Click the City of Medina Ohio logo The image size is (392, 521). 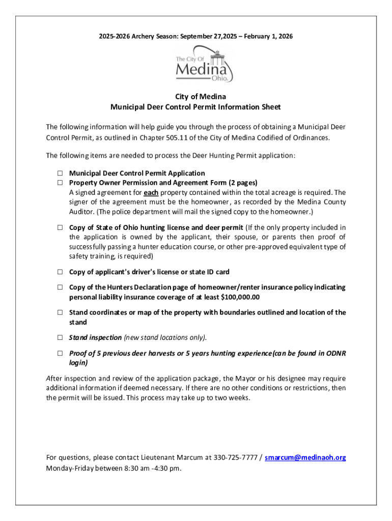(204, 66)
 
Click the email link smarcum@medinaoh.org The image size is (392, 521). (305, 457)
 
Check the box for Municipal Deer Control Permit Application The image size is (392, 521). (60, 173)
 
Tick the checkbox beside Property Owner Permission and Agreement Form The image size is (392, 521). (60, 183)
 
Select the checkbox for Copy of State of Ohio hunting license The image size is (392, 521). (60, 227)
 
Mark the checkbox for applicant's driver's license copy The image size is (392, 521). (60, 272)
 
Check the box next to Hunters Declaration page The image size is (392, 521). (60, 287)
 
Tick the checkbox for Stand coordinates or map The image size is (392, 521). (60, 312)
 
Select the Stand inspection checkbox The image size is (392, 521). (60, 337)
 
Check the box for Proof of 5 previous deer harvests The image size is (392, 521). (60, 353)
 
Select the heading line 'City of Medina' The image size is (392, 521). (196, 97)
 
